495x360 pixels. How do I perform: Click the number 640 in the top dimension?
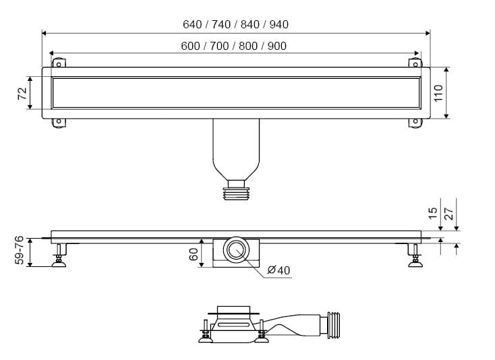192,24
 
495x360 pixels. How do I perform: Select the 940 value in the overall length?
279,24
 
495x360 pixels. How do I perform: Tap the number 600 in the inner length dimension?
190,46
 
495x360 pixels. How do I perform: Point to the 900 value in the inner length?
277,46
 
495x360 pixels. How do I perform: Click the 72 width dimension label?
22,94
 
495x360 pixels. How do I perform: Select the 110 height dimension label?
438,93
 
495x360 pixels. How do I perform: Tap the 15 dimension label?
433,213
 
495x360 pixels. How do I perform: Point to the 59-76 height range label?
19,250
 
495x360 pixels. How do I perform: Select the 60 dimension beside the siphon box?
194,254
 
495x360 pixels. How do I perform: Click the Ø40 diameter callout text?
279,270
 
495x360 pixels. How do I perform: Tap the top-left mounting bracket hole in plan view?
59,65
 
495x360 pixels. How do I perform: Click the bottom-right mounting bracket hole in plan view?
415,121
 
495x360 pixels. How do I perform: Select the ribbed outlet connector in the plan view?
236,193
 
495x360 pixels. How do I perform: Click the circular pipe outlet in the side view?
235,249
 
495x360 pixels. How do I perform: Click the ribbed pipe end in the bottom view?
334,325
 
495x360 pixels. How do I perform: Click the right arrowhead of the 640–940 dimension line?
428,33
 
